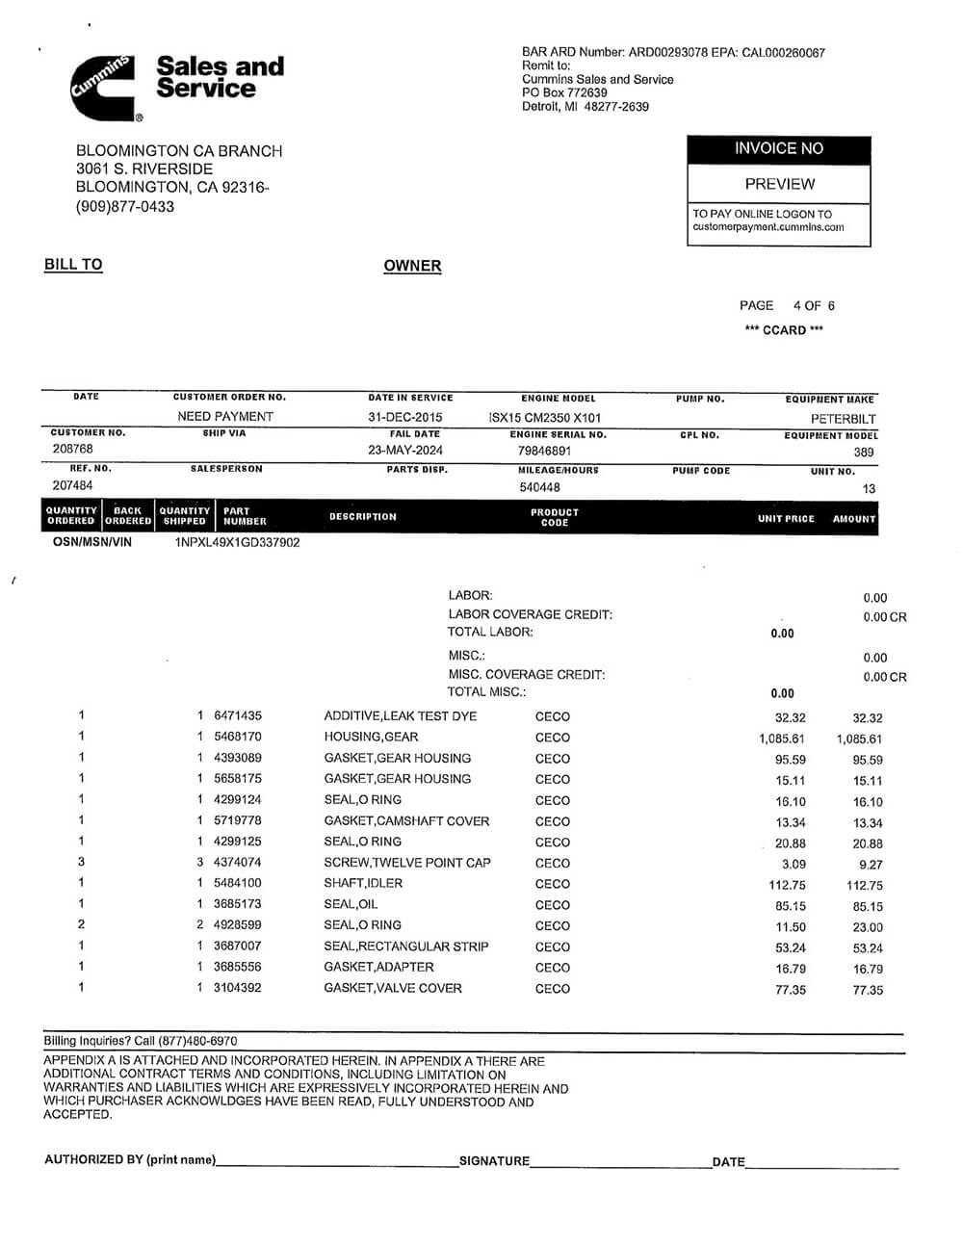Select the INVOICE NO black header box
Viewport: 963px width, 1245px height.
(778, 148)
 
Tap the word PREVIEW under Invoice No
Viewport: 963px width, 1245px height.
(779, 184)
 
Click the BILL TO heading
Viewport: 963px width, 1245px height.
(73, 265)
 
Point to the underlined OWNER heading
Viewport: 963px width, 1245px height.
(412, 266)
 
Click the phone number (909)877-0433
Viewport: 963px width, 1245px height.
(125, 206)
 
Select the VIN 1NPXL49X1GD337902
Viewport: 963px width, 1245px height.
(237, 542)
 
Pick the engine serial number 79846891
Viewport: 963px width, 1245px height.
(544, 451)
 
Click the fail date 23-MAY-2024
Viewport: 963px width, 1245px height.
(405, 450)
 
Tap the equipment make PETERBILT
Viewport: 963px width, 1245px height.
(843, 419)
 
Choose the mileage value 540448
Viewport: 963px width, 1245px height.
(539, 487)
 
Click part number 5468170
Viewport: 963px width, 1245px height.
(237, 737)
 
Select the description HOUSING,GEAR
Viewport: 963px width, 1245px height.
(371, 737)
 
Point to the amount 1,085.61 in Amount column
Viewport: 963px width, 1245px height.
(859, 739)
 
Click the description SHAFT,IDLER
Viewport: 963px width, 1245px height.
(363, 883)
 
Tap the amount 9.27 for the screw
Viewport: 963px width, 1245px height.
(871, 865)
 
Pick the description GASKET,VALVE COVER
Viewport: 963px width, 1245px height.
(393, 988)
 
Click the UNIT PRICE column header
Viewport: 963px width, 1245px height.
(786, 518)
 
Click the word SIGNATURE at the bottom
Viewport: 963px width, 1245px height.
(494, 1161)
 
